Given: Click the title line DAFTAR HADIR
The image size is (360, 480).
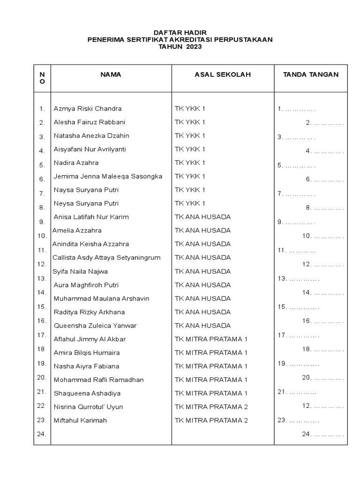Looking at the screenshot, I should tap(180, 32).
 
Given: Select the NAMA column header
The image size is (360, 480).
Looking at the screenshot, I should tap(111, 75).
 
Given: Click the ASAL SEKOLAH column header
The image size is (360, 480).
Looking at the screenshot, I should tap(223, 75).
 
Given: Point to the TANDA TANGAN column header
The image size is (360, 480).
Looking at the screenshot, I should tap(310, 75).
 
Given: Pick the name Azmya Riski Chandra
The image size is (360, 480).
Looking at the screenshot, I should tap(88, 109).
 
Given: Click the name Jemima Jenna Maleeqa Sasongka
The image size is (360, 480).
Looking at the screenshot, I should tap(108, 177).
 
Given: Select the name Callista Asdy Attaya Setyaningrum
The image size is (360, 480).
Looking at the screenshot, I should tap(106, 258).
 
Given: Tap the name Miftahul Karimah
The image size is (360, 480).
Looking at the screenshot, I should tap(80, 420).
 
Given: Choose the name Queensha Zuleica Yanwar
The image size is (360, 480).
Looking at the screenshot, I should tap(95, 326).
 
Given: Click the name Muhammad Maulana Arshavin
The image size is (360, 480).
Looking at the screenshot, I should tap(101, 299).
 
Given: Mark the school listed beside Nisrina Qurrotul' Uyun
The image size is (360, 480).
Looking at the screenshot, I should tap(211, 407).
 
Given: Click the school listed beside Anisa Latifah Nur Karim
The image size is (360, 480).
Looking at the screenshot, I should tap(202, 217).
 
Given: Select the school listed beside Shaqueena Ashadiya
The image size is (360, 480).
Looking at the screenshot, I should tap(211, 393).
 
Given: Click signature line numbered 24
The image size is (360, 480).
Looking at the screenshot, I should tap(323, 434).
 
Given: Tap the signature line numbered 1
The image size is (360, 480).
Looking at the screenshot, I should tap(296, 109).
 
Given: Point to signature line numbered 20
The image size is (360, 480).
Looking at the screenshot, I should tap(323, 377).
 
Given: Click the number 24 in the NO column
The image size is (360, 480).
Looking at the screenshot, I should tap(42, 434).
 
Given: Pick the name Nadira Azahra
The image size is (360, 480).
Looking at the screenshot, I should tap(76, 163).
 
